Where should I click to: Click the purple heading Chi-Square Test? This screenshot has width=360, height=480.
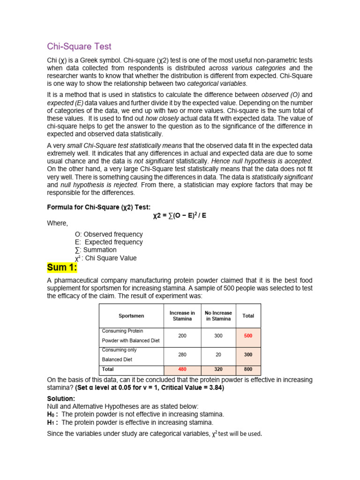pos(79,46)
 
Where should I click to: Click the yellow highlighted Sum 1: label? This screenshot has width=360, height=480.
pos(62,268)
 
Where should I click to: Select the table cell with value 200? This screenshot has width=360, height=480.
pos(182,336)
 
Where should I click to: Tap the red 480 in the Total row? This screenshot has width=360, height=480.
pos(182,369)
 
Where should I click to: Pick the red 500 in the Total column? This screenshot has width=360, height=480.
pos(248,336)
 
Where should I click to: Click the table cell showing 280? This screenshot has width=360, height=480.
pos(182,355)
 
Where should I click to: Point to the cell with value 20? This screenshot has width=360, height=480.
pos(218,355)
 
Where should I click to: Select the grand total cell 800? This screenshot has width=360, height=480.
pos(248,369)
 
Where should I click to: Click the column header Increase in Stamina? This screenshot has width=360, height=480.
pos(182,315)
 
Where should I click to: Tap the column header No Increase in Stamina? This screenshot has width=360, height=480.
pos(218,315)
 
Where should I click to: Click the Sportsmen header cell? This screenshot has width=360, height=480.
pos(131,316)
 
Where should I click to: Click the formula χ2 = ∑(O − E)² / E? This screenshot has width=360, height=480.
pos(180,216)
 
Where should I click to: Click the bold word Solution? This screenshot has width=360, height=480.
pos(61,398)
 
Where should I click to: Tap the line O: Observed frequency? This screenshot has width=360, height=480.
pos(109,234)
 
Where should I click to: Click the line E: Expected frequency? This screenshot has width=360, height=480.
pos(109,242)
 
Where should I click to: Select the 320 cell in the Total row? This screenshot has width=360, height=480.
pos(218,369)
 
